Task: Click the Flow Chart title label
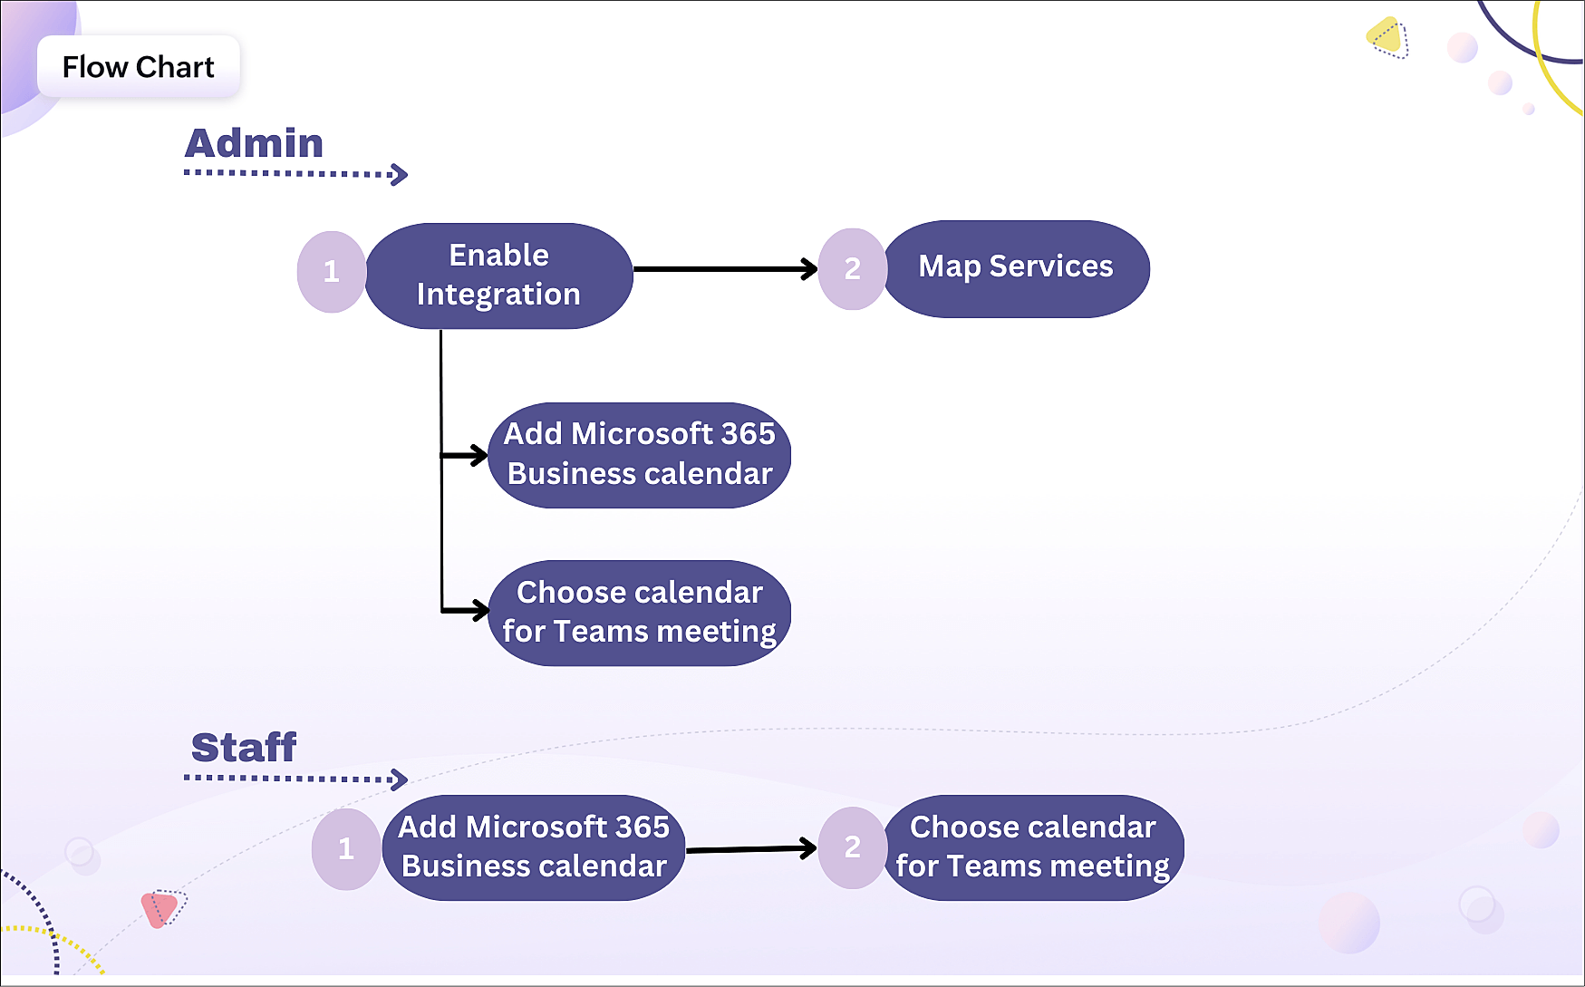tap(138, 67)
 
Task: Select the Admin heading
tap(254, 143)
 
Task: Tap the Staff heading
tap(244, 748)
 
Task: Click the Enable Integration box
tap(498, 276)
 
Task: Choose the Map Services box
tap(1016, 268)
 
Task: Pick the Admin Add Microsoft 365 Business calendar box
tap(640, 455)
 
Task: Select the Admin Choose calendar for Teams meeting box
tap(640, 613)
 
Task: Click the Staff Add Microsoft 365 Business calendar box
tap(534, 847)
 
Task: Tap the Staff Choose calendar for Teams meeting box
tap(1033, 847)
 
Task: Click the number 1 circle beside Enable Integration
tap(332, 272)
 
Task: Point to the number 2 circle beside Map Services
tap(853, 269)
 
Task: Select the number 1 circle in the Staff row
tap(346, 849)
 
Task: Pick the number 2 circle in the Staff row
tap(853, 847)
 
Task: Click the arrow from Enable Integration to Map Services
tap(725, 269)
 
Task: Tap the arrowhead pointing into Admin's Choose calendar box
tap(478, 610)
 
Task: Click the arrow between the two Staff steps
tap(751, 849)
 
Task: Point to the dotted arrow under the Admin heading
tap(296, 173)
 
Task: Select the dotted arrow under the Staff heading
tap(296, 778)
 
